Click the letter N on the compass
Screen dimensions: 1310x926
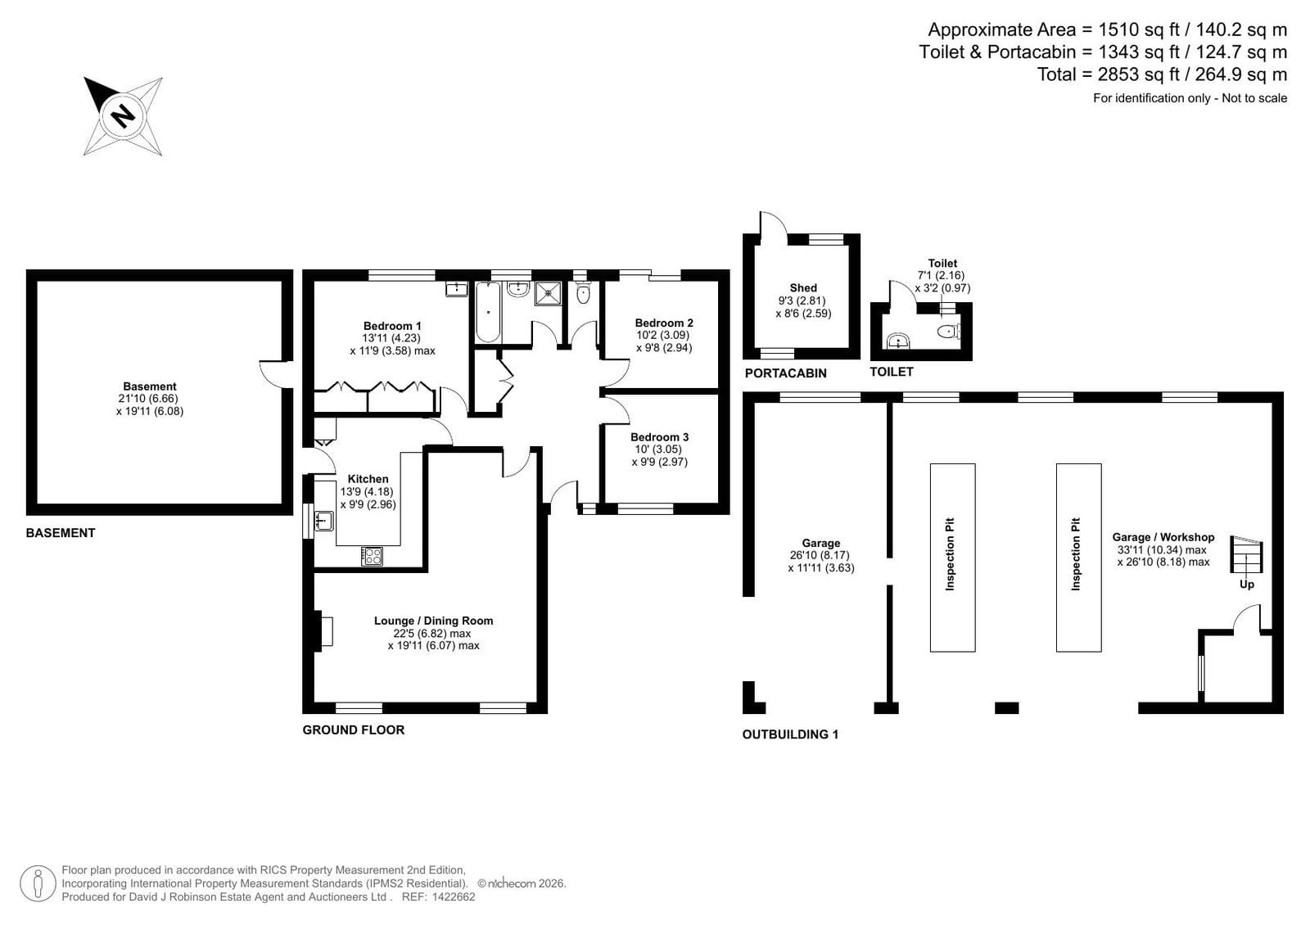click(123, 115)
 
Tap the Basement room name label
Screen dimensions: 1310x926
click(150, 386)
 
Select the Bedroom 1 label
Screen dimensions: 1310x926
click(392, 326)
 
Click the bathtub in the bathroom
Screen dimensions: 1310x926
click(488, 312)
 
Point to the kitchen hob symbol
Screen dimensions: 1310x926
click(372, 556)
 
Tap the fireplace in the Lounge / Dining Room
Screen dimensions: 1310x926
click(323, 631)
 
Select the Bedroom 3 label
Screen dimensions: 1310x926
click(660, 437)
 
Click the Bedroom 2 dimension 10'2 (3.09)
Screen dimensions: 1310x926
click(662, 335)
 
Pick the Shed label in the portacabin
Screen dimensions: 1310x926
click(803, 288)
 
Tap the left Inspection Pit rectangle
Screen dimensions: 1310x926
click(953, 558)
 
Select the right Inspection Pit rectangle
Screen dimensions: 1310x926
click(1078, 558)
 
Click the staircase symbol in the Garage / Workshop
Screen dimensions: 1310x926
click(1246, 554)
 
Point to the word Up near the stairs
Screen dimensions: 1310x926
click(1246, 585)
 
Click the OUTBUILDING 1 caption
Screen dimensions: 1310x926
click(790, 734)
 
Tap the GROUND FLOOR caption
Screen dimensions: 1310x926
click(353, 730)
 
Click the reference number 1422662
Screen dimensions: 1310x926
click(454, 897)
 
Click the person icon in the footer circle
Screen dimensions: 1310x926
click(38, 883)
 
